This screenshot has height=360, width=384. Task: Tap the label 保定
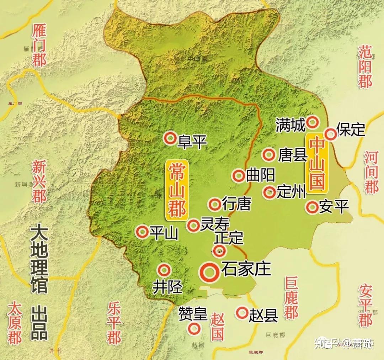pyautogui.click(x=351, y=129)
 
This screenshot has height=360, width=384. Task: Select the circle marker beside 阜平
pyautogui.click(x=170, y=137)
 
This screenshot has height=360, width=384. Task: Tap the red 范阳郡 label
pyautogui.click(x=365, y=67)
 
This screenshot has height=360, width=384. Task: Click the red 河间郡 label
pyautogui.click(x=372, y=172)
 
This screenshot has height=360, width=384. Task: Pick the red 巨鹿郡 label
pyautogui.click(x=291, y=298)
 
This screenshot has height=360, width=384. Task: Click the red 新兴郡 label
pyautogui.click(x=39, y=181)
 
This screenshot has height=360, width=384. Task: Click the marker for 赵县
pyautogui.click(x=242, y=313)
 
